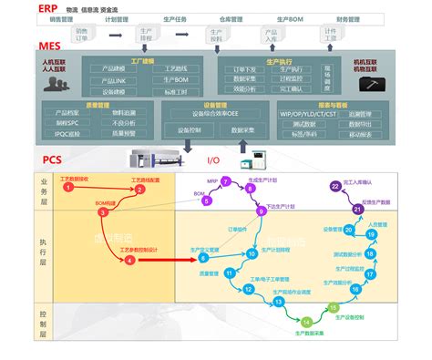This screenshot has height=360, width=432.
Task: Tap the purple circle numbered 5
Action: click(x=199, y=194)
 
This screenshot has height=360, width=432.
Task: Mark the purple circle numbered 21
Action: click(x=358, y=210)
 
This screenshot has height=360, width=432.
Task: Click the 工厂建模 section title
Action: click(x=143, y=60)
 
